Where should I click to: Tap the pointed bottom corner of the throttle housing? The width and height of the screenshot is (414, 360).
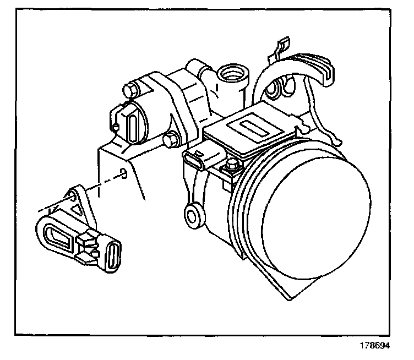coord(287,298)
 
